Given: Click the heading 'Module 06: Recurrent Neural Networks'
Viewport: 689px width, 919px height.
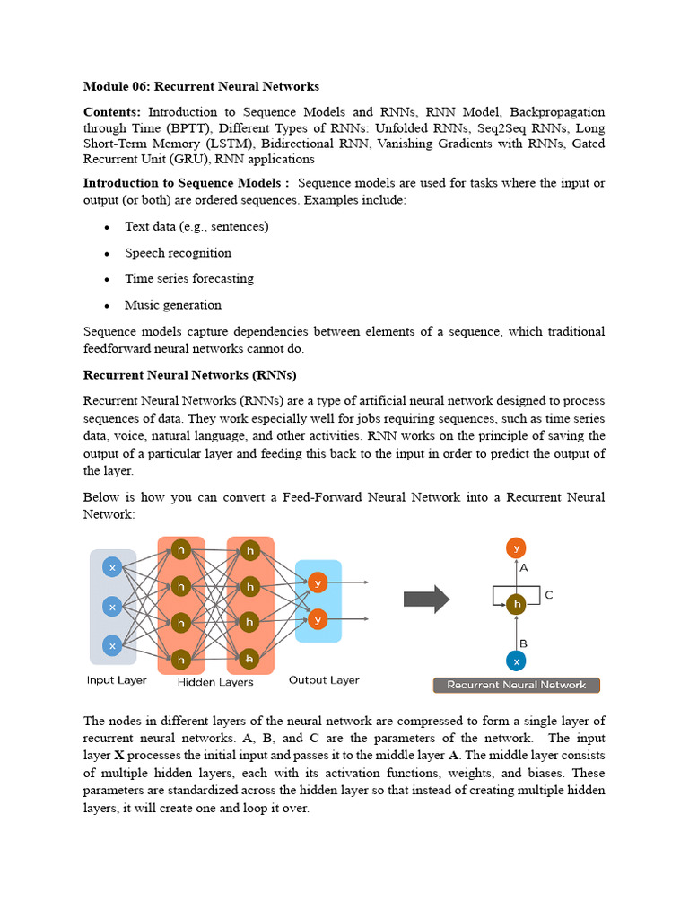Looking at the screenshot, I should point(201,87).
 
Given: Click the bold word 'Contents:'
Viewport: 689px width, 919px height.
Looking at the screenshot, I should point(112,112).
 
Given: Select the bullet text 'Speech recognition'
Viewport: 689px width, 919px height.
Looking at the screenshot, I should point(178,253).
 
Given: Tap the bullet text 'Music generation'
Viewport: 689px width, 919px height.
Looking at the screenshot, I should point(172,305).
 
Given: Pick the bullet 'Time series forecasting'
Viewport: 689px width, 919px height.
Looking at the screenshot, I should point(188,279).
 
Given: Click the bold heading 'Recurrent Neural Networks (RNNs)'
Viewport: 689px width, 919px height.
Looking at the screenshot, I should point(189,374).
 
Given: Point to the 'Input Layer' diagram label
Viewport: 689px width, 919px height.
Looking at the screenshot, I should point(117,680).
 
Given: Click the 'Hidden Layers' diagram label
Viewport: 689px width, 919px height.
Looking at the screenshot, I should point(215,682).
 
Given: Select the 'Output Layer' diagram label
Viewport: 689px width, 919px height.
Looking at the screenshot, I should point(324,680).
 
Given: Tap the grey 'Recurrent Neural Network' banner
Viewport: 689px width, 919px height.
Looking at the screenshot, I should point(516,685).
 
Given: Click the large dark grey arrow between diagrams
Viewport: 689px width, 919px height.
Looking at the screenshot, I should point(426,599).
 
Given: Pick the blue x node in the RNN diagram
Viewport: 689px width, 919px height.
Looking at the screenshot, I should point(515,661).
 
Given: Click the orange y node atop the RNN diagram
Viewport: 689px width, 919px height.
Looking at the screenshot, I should point(515,547).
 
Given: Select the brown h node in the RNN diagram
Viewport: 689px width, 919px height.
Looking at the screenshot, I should point(515,605).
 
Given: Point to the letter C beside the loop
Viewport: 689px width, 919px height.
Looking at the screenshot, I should point(549,595).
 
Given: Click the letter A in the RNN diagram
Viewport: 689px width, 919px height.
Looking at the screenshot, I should point(524,568).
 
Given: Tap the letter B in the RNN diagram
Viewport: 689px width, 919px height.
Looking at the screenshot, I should point(523,643).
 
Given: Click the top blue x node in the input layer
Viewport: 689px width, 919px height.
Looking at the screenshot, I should point(112,567).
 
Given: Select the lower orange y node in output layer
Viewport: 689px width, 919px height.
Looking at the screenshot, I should point(317,619).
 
